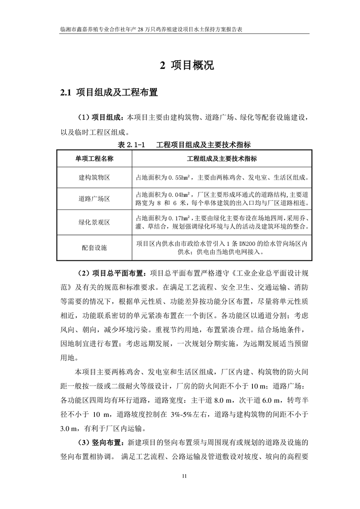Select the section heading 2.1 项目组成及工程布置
[x=109, y=93]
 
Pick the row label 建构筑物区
[x=94, y=177]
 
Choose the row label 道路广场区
[x=94, y=199]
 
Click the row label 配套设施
[x=94, y=248]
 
